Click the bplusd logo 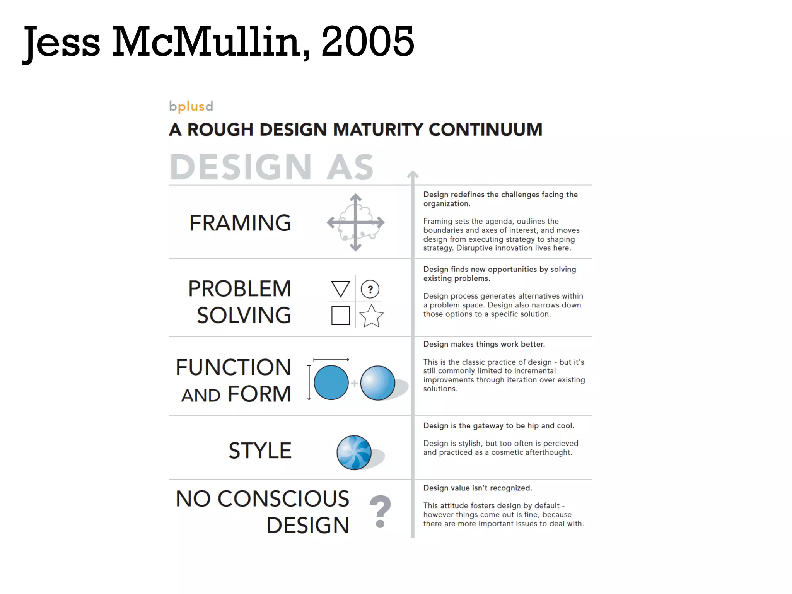click(x=191, y=106)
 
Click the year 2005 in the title click(x=368, y=41)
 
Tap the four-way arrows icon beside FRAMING click(x=355, y=222)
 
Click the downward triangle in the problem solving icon click(x=341, y=288)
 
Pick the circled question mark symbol click(x=370, y=289)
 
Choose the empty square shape click(x=341, y=316)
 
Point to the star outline click(x=371, y=316)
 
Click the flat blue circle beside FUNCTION click(x=331, y=382)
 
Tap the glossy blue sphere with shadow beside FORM click(x=377, y=382)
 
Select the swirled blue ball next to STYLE click(x=354, y=452)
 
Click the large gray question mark click(x=380, y=511)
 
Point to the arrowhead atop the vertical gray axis click(x=413, y=174)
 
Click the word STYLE click(x=260, y=451)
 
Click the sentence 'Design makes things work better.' click(x=484, y=344)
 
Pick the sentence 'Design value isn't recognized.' click(x=478, y=488)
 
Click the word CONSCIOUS click(x=283, y=498)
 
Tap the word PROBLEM click(x=240, y=288)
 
